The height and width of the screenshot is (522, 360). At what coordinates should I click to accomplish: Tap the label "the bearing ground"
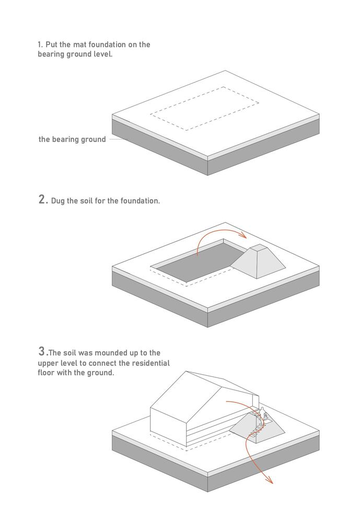(72, 139)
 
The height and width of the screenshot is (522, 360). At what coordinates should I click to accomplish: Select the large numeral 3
(41, 351)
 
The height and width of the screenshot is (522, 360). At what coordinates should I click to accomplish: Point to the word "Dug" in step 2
(58, 201)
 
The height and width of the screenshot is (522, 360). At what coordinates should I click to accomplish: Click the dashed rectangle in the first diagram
(205, 87)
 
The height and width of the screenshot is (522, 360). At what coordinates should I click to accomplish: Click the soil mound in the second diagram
(258, 262)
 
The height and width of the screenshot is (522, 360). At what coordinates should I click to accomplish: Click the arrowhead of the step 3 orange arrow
(270, 480)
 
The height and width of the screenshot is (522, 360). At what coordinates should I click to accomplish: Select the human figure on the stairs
(263, 414)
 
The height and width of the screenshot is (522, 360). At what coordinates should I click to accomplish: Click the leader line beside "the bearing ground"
(118, 139)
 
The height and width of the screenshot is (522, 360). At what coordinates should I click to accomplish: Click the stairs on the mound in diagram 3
(258, 424)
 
